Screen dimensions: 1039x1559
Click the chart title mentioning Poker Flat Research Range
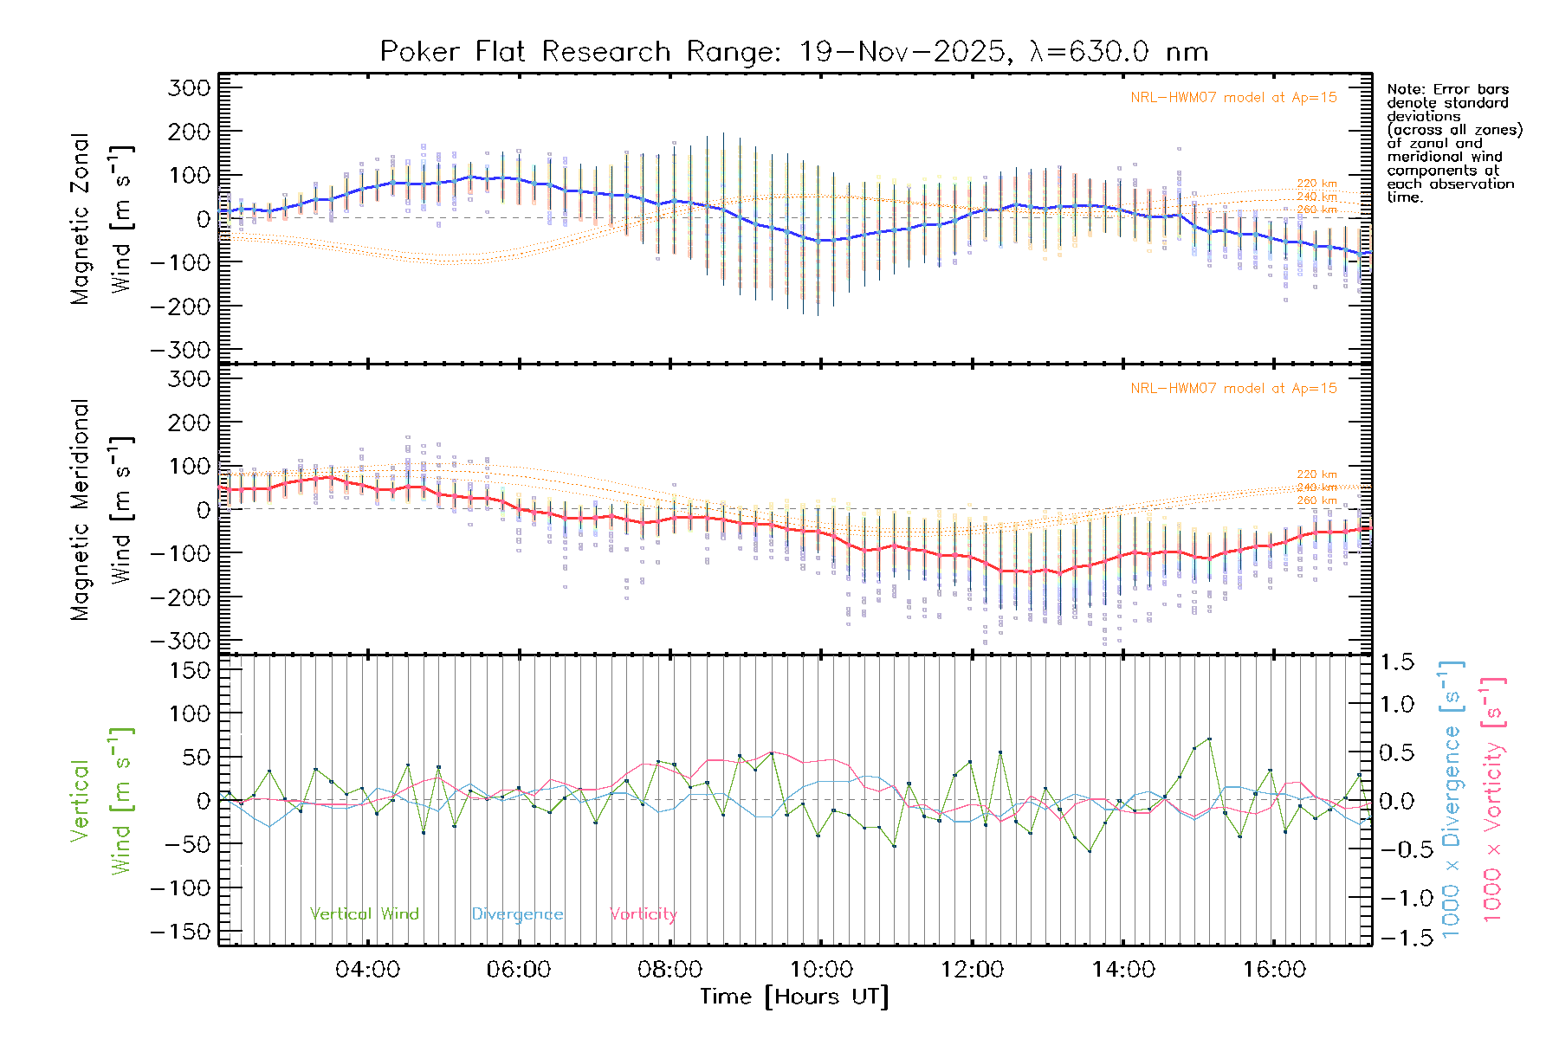click(793, 52)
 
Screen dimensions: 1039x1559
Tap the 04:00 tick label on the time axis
click(367, 970)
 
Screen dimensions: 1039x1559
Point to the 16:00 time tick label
click(1274, 970)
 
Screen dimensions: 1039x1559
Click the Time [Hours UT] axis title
click(794, 997)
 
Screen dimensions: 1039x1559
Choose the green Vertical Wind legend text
click(364, 914)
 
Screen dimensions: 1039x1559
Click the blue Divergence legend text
click(517, 914)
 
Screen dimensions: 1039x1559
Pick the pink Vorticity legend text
click(643, 914)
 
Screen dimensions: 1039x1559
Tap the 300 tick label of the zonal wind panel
click(189, 87)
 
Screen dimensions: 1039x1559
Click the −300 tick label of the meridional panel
click(180, 641)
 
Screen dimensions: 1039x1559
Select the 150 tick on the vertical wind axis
click(189, 670)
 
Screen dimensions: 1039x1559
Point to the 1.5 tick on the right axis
click(1397, 662)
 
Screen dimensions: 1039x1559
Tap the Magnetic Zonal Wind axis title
click(102, 219)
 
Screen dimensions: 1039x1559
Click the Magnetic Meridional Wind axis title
click(102, 510)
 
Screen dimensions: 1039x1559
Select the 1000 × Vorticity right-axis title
click(1493, 799)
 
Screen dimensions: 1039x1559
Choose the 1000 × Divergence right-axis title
click(1452, 799)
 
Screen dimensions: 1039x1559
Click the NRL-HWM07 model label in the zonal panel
click(1233, 98)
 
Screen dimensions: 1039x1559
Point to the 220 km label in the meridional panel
click(1316, 474)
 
